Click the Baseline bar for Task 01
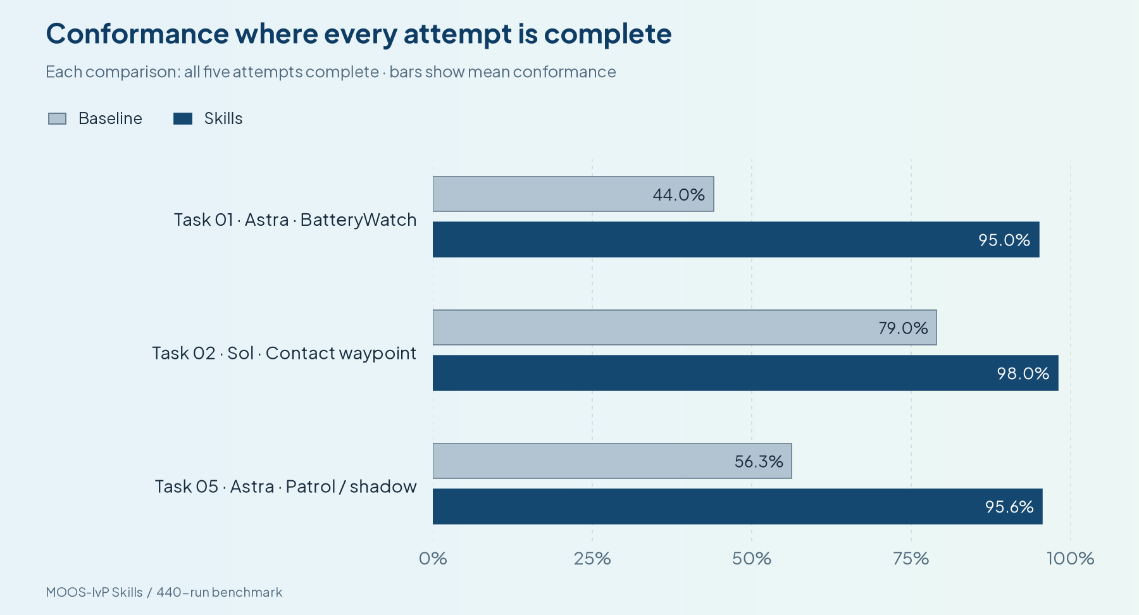click(573, 194)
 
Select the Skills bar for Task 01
click(736, 239)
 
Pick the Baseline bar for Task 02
click(685, 328)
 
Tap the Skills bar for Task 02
click(745, 373)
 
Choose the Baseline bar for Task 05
click(612, 461)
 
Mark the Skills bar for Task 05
click(738, 506)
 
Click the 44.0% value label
click(678, 194)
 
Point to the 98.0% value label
click(1023, 373)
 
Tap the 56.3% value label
click(759, 461)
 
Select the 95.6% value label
click(1009, 507)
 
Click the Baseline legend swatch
click(57, 118)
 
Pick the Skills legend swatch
click(183, 118)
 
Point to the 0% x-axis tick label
click(433, 558)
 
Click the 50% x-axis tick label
click(752, 558)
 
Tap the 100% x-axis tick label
click(1070, 558)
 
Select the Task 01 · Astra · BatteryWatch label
click(295, 220)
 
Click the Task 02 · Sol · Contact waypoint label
click(284, 353)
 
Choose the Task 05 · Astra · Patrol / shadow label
click(286, 487)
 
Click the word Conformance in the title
click(137, 34)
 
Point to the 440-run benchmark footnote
click(219, 592)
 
